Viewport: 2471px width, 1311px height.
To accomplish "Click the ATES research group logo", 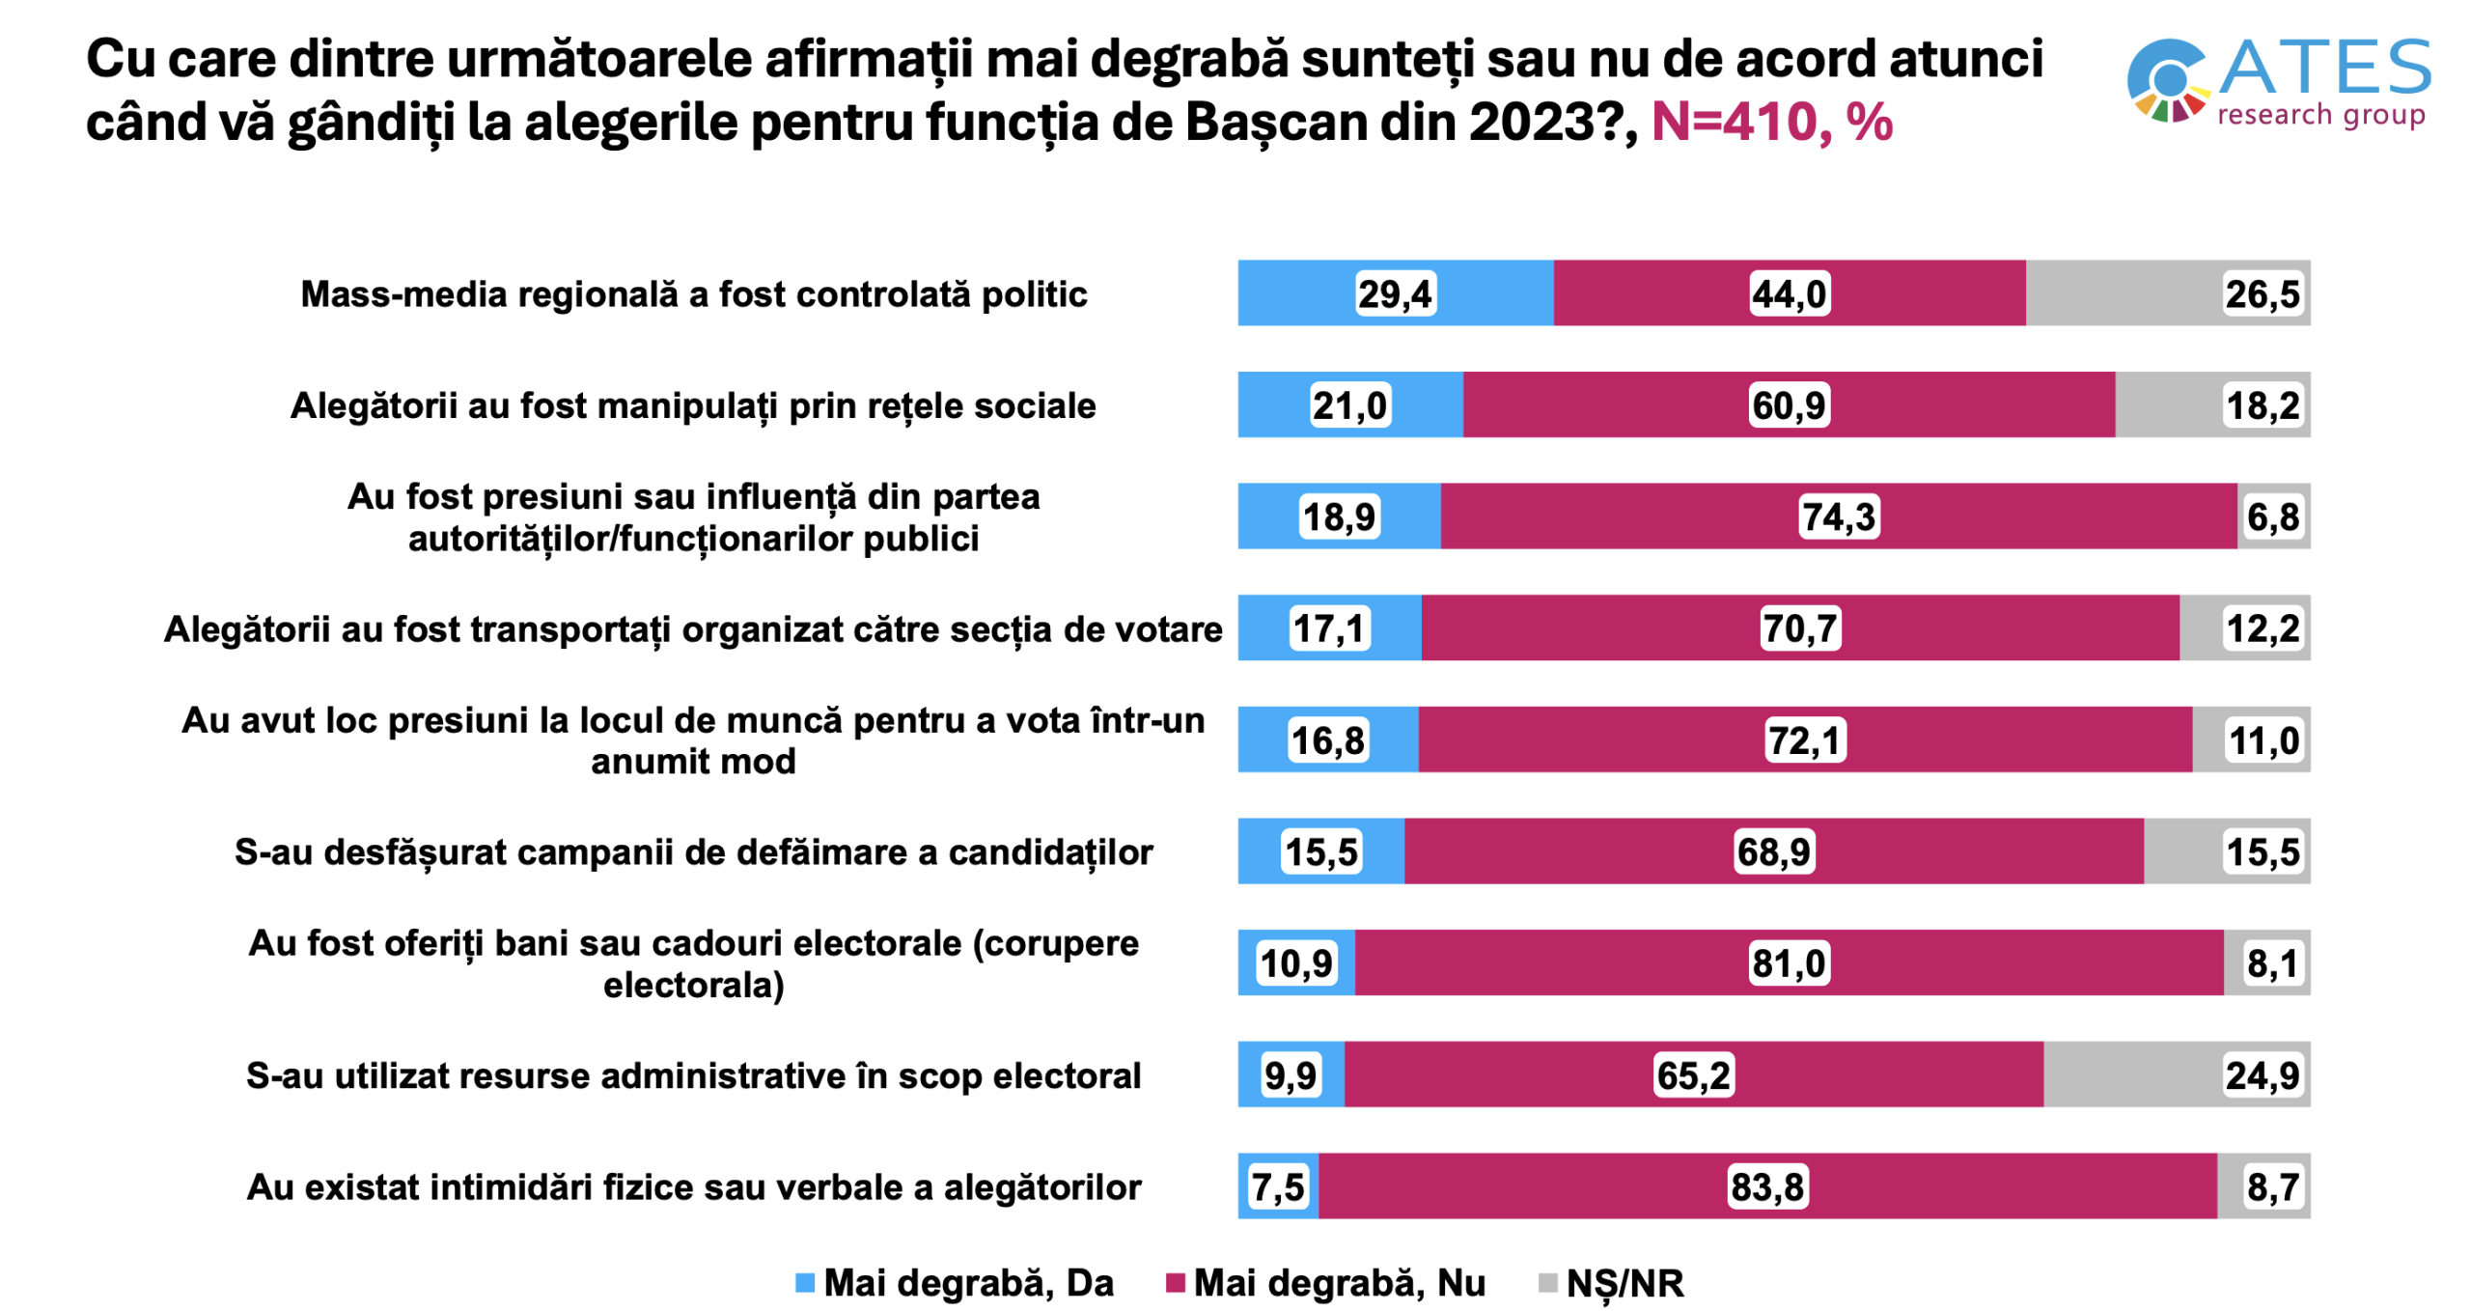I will pos(2278,83).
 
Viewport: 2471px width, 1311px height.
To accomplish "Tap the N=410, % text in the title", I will pos(1771,123).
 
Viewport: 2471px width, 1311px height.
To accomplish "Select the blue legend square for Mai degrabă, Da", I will pos(804,1282).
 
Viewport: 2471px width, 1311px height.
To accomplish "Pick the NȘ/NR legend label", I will pos(1624,1282).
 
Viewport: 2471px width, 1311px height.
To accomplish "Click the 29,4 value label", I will pos(1394,293).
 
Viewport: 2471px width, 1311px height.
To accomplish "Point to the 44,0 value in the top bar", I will pos(1789,293).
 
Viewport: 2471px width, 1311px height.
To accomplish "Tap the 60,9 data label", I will pos(1789,405).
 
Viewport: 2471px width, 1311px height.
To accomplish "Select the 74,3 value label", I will pos(1838,516).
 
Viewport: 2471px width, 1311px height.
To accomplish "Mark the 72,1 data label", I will pos(1804,740).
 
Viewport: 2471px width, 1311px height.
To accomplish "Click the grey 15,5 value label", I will pos(2262,851).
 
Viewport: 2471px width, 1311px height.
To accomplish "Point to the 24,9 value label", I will pos(2262,1074).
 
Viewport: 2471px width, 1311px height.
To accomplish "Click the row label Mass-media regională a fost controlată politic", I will pos(693,293).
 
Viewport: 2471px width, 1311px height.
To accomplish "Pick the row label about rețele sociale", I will pos(693,405).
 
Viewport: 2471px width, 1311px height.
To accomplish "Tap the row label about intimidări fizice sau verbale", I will pos(693,1186).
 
